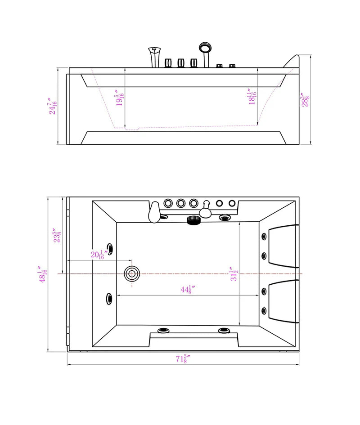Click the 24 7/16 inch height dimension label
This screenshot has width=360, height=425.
point(53,107)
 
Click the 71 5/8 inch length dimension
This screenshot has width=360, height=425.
point(182,358)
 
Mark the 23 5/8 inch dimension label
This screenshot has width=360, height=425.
point(56,236)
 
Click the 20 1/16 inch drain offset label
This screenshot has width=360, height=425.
point(97,255)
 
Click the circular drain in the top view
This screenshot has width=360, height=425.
point(132,273)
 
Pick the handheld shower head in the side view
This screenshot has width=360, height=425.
point(205,48)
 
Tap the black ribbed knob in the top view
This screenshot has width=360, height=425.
point(193,220)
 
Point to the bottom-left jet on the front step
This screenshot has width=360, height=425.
point(162,331)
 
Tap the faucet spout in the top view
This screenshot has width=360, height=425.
point(154,212)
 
